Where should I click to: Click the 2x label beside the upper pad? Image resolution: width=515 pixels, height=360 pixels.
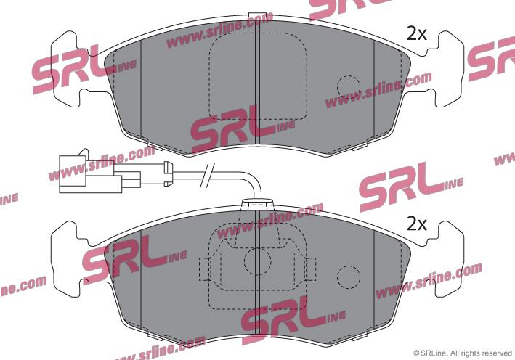click(x=416, y=34)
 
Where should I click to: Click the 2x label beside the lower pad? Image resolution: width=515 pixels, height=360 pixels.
click(x=416, y=224)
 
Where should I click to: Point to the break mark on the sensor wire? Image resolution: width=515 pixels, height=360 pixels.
click(x=207, y=176)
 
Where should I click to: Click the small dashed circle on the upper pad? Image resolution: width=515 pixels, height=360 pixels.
click(x=349, y=87)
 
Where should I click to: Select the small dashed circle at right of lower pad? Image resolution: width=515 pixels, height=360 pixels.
click(x=349, y=277)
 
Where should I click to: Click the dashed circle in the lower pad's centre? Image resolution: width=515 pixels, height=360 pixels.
click(x=257, y=261)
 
